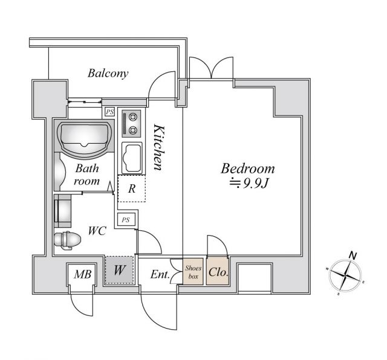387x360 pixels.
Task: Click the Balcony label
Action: pyautogui.click(x=108, y=74)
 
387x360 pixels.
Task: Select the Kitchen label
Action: pyautogui.click(x=159, y=147)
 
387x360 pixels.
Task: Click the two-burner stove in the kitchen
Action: pyautogui.click(x=130, y=123)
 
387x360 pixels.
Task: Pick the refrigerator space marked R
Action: pyautogui.click(x=131, y=189)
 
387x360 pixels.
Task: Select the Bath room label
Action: pyautogui.click(x=86, y=175)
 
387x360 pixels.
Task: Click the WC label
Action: pyautogui.click(x=97, y=230)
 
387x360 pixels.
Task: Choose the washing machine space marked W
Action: pyautogui.click(x=119, y=271)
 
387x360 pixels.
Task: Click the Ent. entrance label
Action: pyautogui.click(x=160, y=275)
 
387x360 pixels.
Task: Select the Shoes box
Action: pyautogui.click(x=193, y=272)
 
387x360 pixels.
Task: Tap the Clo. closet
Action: pyautogui.click(x=218, y=272)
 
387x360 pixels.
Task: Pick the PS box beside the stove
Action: pyautogui.click(x=109, y=112)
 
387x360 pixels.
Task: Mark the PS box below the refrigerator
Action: pyautogui.click(x=126, y=220)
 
